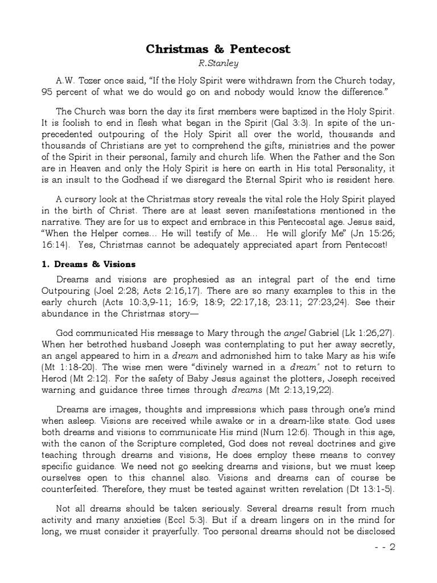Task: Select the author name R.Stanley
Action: pos(219,64)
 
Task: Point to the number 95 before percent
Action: pos(47,92)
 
